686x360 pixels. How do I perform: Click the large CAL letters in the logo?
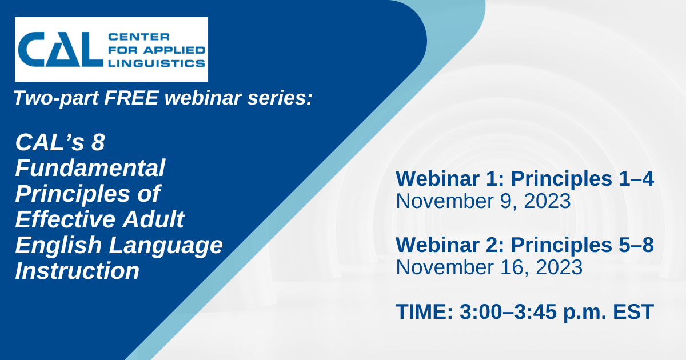[61, 49]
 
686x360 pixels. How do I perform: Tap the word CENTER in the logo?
[139, 37]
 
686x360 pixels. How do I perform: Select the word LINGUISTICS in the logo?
[157, 63]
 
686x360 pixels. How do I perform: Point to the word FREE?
[131, 98]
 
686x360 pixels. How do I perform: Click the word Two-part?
[56, 98]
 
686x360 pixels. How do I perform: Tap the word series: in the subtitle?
[280, 98]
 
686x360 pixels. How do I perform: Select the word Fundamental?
[90, 168]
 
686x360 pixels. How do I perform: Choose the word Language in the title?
[166, 246]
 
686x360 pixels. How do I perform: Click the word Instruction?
[77, 271]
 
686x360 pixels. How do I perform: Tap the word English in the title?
[58, 246]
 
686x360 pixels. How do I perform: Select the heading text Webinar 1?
[450, 178]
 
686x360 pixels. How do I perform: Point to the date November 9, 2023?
[483, 201]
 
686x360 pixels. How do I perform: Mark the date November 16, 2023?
[489, 267]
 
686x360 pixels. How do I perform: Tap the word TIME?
[424, 311]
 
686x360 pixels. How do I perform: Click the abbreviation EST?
[633, 311]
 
